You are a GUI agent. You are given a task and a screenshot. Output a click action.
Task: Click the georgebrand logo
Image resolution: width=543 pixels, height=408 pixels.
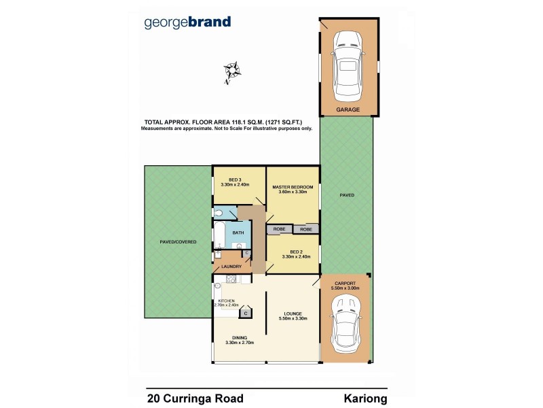(188, 22)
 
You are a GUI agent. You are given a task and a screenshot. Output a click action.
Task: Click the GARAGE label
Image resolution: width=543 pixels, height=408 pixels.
(348, 109)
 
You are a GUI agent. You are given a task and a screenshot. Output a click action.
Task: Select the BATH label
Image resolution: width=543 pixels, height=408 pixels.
(238, 233)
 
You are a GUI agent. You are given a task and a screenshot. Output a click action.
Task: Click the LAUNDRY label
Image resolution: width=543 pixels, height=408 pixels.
(231, 266)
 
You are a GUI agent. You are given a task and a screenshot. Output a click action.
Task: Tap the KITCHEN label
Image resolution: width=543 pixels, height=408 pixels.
(226, 301)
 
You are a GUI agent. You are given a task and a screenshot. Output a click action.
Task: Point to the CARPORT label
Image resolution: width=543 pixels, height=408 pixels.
(345, 284)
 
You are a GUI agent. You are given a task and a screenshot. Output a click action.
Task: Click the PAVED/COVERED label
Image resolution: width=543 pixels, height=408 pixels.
(178, 241)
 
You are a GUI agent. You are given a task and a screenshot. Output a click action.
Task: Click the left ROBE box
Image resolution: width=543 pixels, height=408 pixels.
(279, 229)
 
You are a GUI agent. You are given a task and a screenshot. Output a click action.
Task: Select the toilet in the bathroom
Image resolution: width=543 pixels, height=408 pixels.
(219, 214)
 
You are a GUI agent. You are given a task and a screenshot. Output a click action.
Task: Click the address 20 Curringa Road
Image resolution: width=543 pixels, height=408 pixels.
(195, 398)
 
